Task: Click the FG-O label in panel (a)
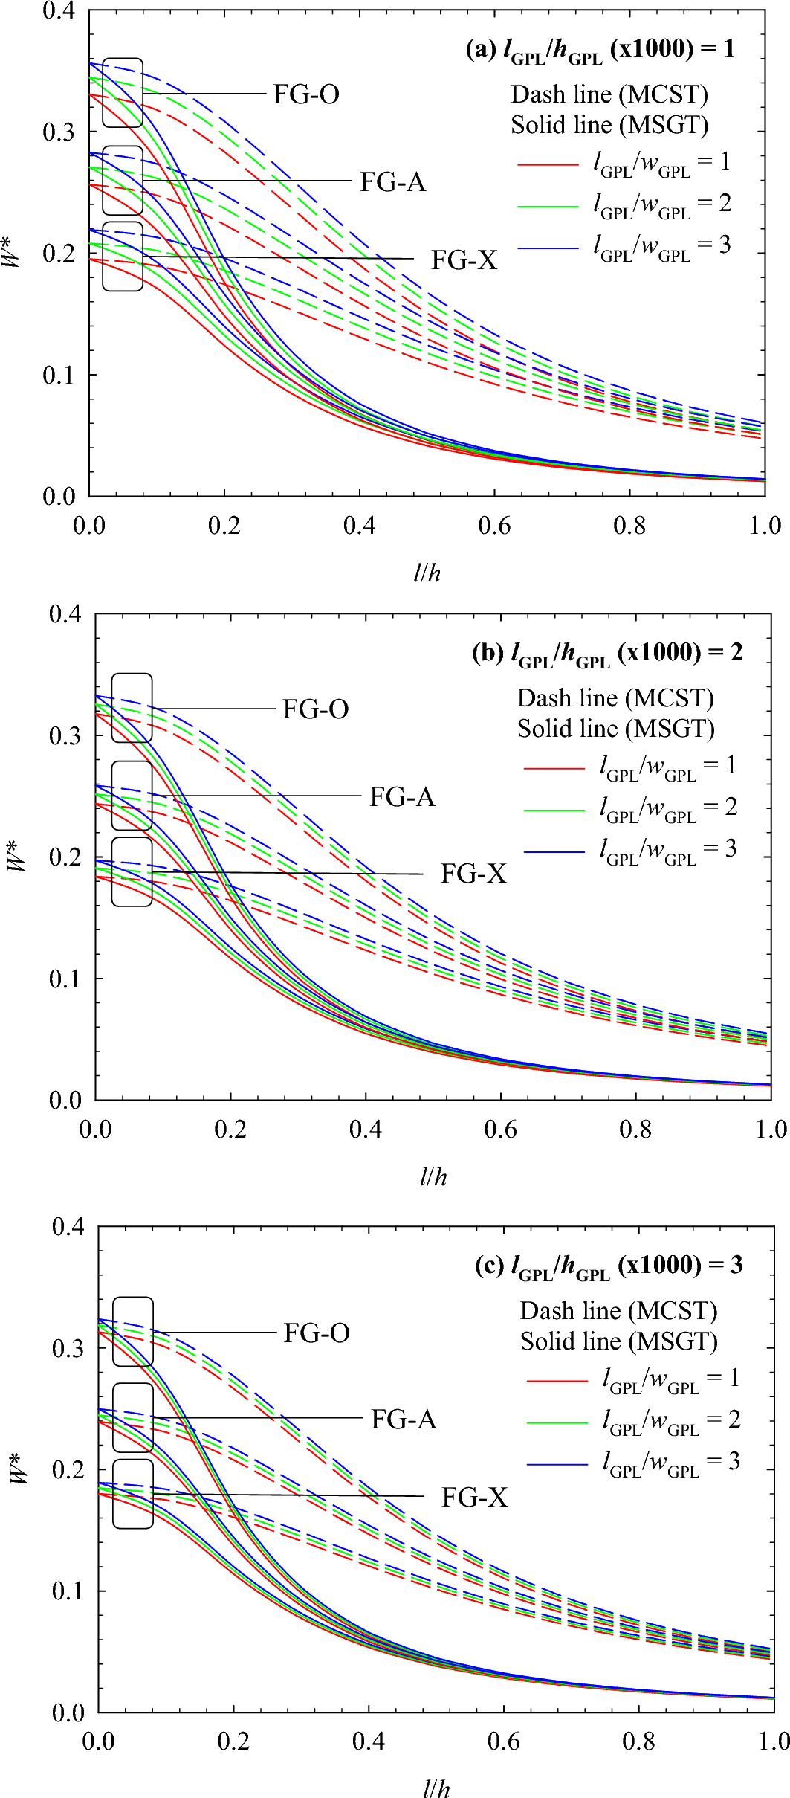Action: (x=306, y=94)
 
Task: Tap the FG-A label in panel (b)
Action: (x=402, y=797)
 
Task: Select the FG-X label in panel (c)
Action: (x=475, y=1497)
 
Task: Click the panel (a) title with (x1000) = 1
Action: (x=600, y=49)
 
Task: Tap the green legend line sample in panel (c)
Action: (x=557, y=1422)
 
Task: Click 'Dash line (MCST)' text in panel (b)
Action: (x=615, y=698)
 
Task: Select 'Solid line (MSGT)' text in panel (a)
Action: (x=609, y=125)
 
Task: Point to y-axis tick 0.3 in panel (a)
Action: (x=59, y=132)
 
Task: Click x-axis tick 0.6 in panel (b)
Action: (x=500, y=1130)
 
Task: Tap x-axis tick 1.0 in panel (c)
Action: (x=773, y=1741)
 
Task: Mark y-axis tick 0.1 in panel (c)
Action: (x=68, y=1591)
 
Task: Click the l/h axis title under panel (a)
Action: (x=427, y=573)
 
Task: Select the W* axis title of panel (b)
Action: (x=18, y=857)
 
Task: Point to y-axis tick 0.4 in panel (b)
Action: (x=65, y=614)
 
